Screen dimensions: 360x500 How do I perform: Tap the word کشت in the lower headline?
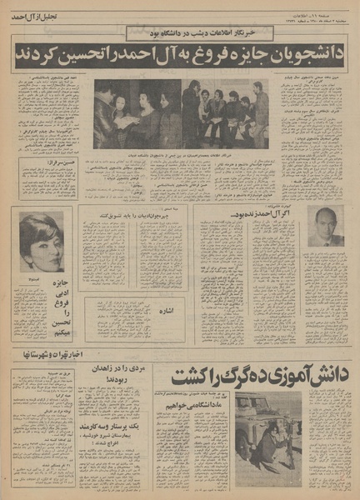197,377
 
